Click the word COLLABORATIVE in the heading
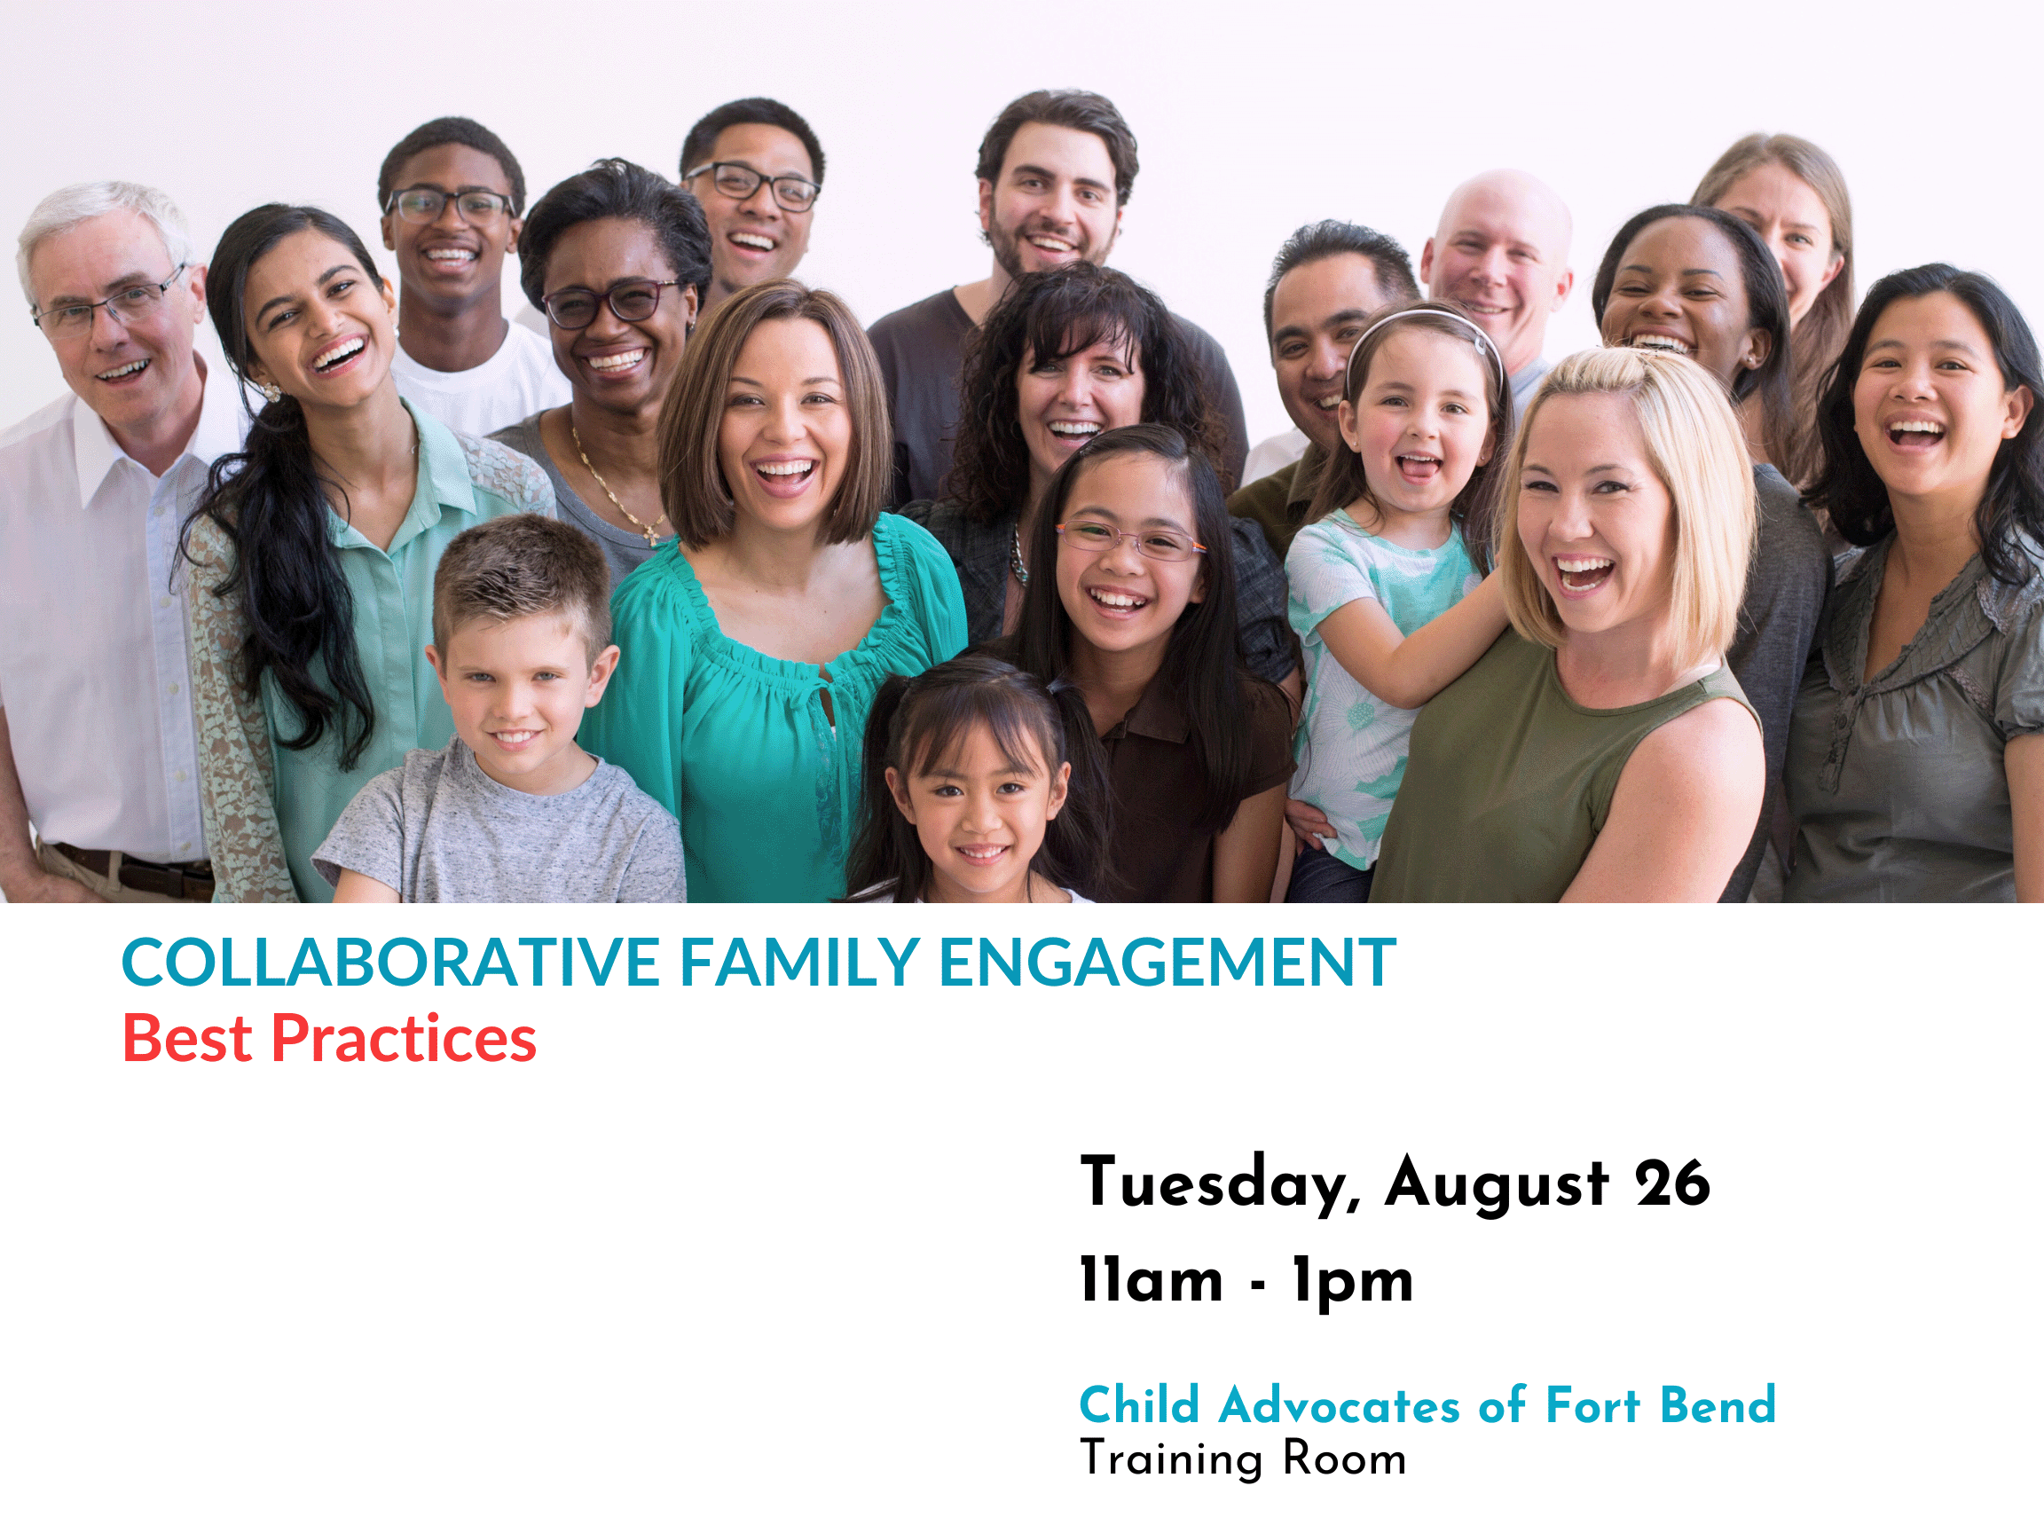pos(391,963)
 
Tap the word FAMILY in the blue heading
pos(799,963)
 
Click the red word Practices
pos(403,1039)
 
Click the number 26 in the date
pos(1672,1183)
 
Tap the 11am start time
pos(1152,1281)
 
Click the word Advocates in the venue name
pos(1339,1405)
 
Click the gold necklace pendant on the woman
pos(652,533)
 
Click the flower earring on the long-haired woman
pos(271,392)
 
